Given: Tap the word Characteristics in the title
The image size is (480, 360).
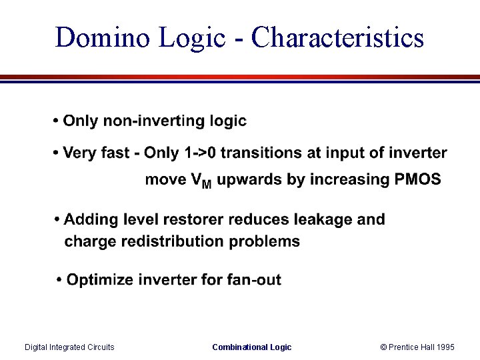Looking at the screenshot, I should pyautogui.click(x=338, y=38).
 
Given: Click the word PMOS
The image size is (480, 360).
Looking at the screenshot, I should pyautogui.click(x=418, y=179).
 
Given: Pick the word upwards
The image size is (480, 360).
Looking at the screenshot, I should pyautogui.click(x=247, y=180).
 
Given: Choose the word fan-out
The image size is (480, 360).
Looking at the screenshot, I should pyautogui.click(x=257, y=280).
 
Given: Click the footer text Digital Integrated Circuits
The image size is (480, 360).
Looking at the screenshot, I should pyautogui.click(x=69, y=347).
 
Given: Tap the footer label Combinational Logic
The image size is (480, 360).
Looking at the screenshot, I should pyautogui.click(x=251, y=347).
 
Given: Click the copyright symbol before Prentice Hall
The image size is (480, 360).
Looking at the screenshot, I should pyautogui.click(x=383, y=347).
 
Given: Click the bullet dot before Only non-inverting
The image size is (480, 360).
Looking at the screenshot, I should pyautogui.click(x=56, y=122).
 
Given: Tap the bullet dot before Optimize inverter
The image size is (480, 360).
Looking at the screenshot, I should pyautogui.click(x=60, y=280).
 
